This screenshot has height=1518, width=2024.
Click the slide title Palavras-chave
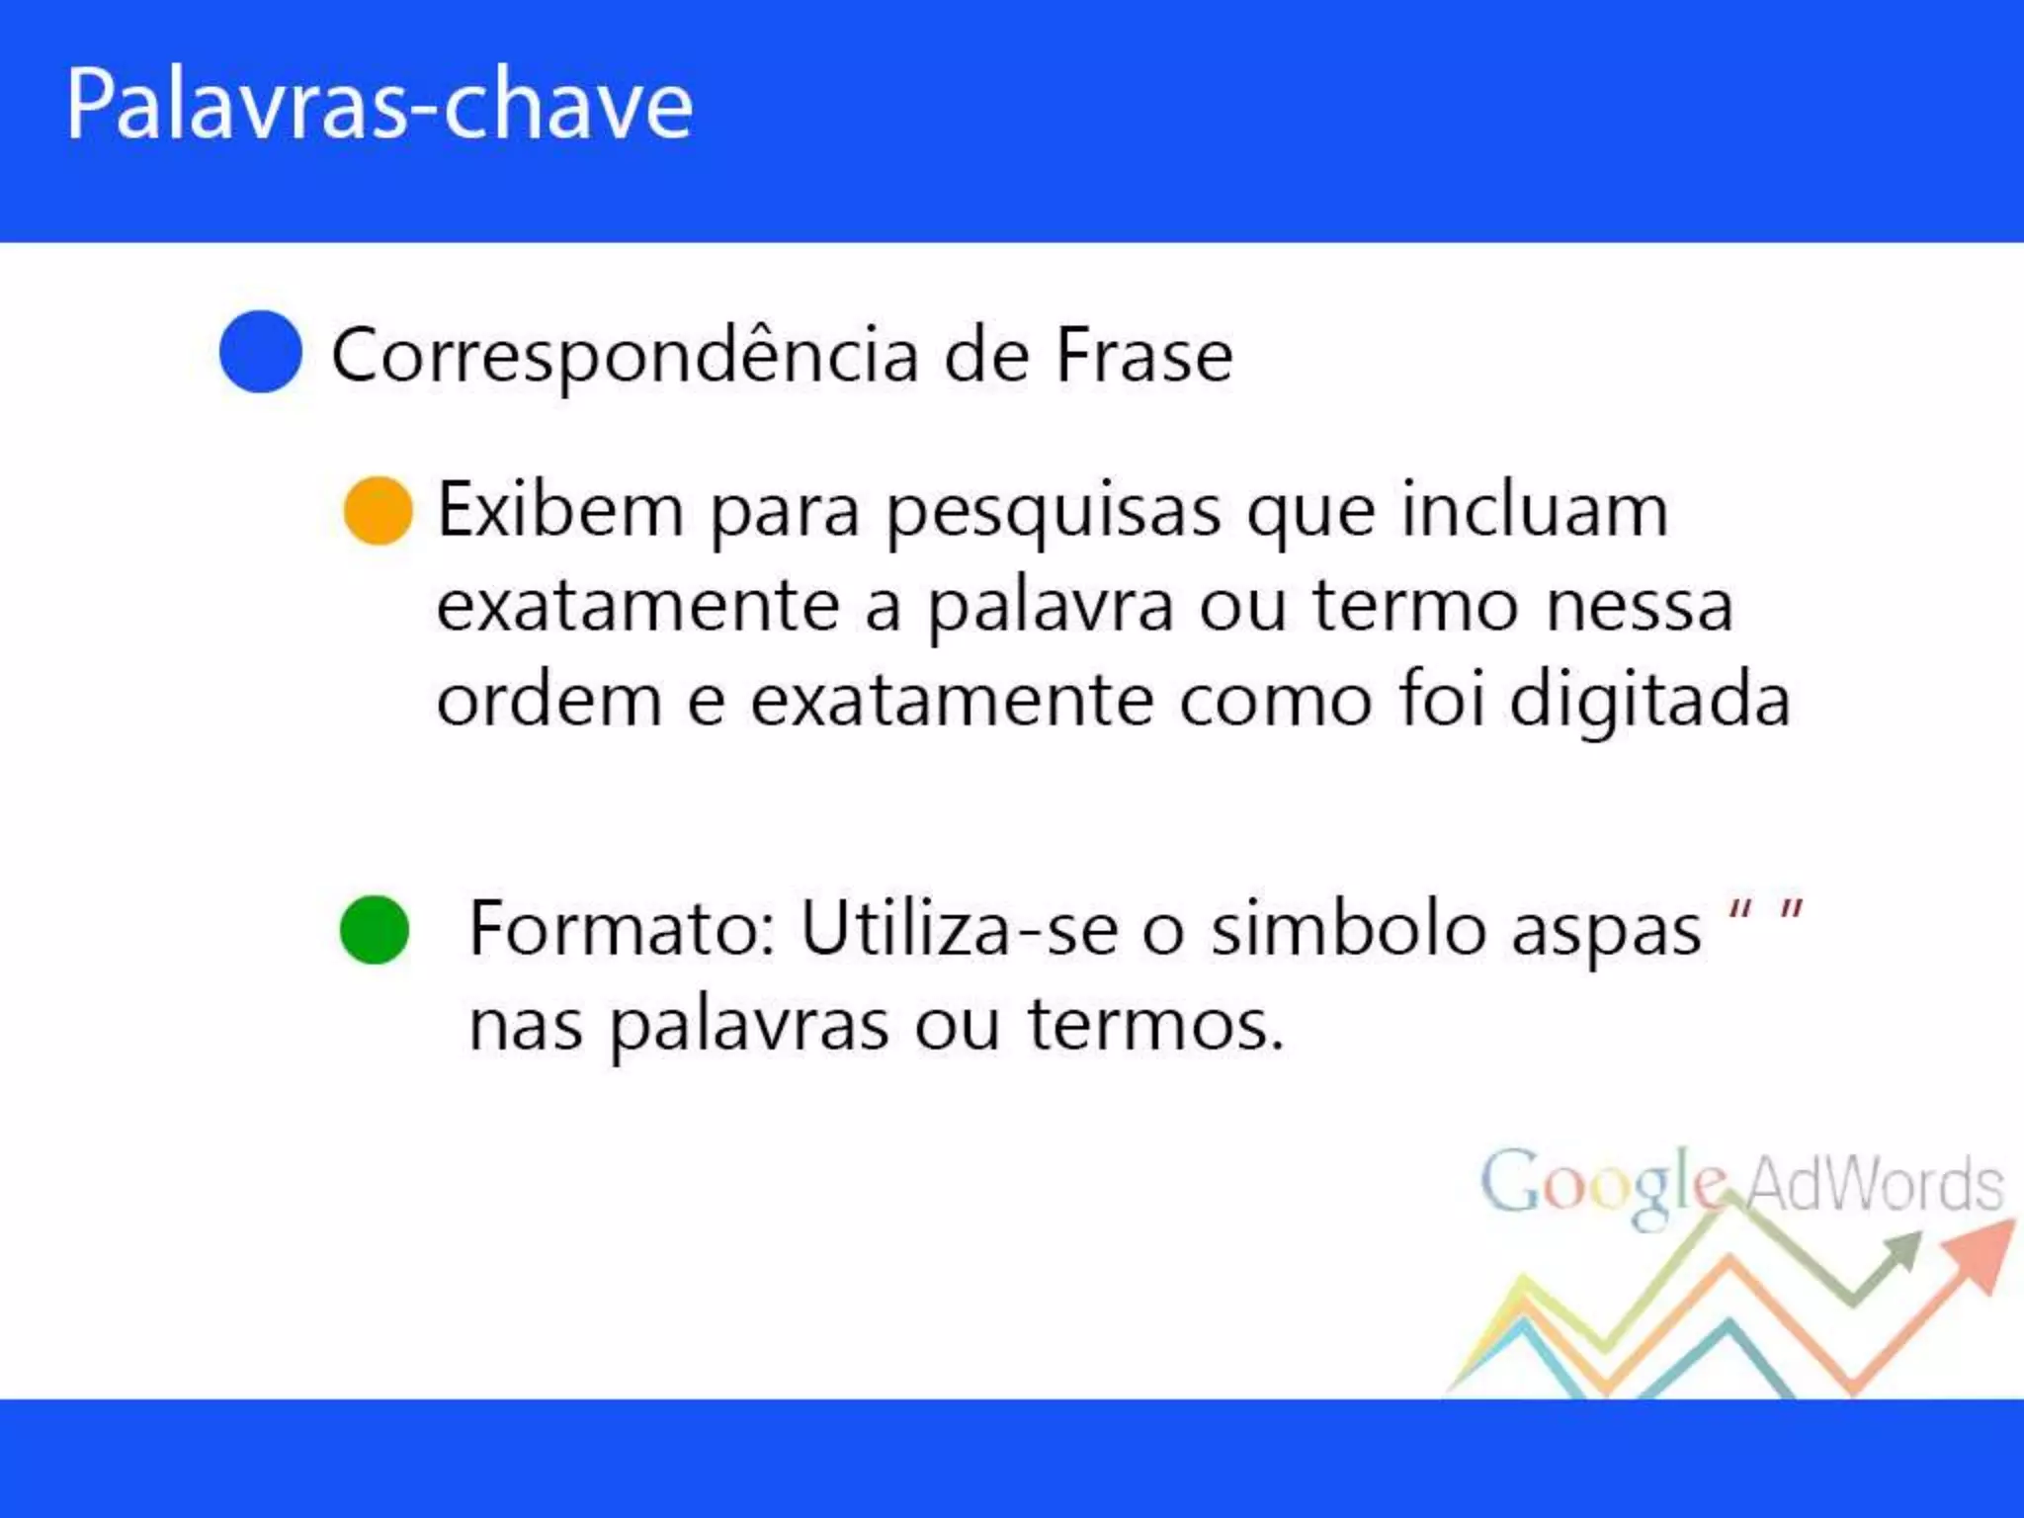tap(379, 106)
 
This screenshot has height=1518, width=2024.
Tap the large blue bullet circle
tap(260, 352)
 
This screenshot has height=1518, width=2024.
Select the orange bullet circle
tap(378, 511)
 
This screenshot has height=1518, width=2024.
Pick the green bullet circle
tap(374, 930)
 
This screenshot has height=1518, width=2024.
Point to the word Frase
tap(1143, 356)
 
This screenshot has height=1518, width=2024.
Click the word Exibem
tap(560, 511)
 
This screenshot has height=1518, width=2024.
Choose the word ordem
tap(548, 701)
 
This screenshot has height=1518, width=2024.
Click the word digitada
tap(1649, 701)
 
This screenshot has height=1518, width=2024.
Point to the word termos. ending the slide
tap(1155, 1025)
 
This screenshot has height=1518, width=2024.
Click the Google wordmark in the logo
tap(1603, 1184)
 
